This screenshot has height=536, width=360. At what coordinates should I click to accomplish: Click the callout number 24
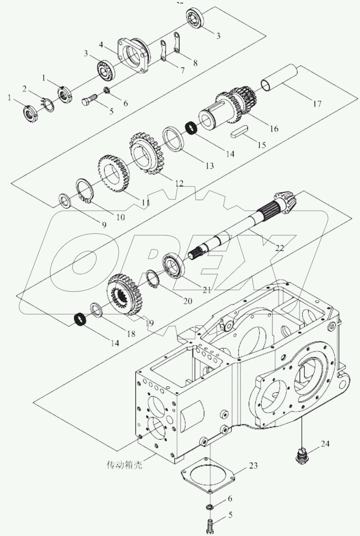pos(325,444)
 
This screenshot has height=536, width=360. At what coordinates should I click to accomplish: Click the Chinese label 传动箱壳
pos(124,465)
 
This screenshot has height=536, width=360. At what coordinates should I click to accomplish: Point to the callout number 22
pos(280,248)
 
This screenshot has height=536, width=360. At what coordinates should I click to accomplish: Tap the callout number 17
pos(317,104)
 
